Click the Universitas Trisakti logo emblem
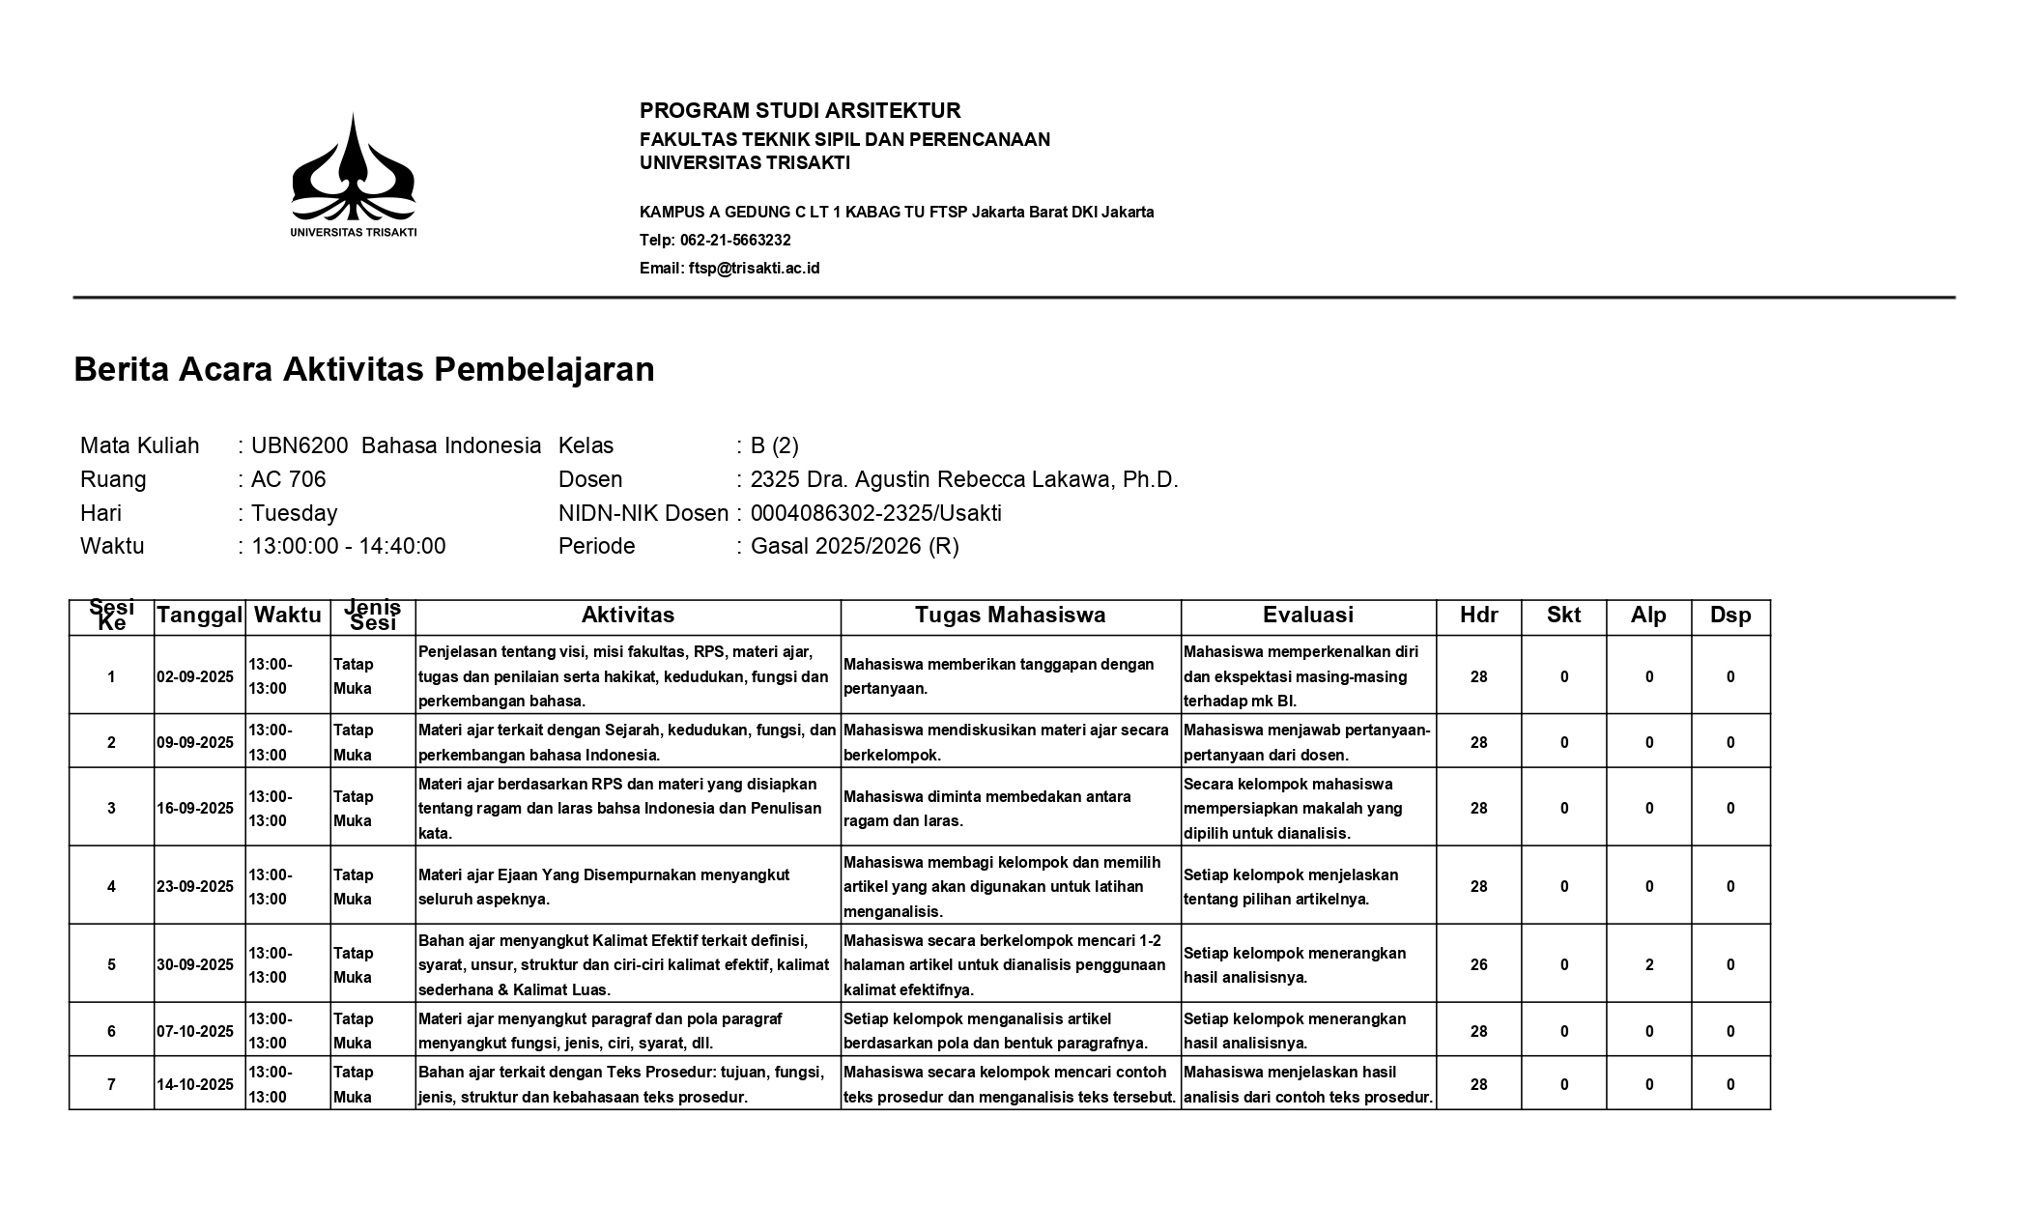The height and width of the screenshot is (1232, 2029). (354, 170)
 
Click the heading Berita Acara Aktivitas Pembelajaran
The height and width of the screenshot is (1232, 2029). (364, 369)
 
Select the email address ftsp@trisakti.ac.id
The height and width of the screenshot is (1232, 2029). (754, 269)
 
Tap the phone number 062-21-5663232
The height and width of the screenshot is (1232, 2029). (735, 241)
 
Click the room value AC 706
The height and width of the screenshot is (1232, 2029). (289, 479)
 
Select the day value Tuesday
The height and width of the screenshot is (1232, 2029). (295, 513)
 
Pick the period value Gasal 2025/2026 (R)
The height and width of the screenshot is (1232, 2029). (854, 546)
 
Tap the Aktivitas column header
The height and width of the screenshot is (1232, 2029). (628, 616)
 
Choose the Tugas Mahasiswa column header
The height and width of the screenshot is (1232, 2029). (1010, 616)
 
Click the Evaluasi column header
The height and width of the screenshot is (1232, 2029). (1308, 616)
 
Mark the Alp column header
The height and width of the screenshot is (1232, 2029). (1648, 616)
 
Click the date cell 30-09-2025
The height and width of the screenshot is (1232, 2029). (195, 964)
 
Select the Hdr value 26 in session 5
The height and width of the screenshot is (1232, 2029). (1478, 964)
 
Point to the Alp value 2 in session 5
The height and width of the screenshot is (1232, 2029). (1649, 964)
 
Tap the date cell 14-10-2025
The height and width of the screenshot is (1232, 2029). (195, 1084)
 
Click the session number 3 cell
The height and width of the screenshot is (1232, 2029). (111, 808)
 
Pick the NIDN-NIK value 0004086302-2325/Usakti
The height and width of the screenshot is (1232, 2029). (875, 513)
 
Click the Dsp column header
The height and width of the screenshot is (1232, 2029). (1730, 616)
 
